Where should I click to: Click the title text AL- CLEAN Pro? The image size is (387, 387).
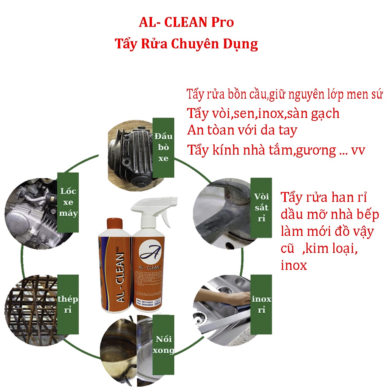tap(186, 23)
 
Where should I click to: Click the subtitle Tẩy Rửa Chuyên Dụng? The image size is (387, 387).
tap(186, 44)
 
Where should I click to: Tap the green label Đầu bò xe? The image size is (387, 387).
tap(163, 147)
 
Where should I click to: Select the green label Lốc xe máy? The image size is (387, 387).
tap(68, 202)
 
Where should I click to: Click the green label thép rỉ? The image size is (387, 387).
tap(68, 305)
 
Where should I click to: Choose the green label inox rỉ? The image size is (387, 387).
tap(262, 304)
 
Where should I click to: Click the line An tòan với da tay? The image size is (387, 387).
tap(242, 130)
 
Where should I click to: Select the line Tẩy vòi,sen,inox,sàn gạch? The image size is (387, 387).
tap(263, 113)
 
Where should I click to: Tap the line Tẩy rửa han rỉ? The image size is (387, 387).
tap(324, 197)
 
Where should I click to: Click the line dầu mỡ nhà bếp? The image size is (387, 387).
tap(330, 214)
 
